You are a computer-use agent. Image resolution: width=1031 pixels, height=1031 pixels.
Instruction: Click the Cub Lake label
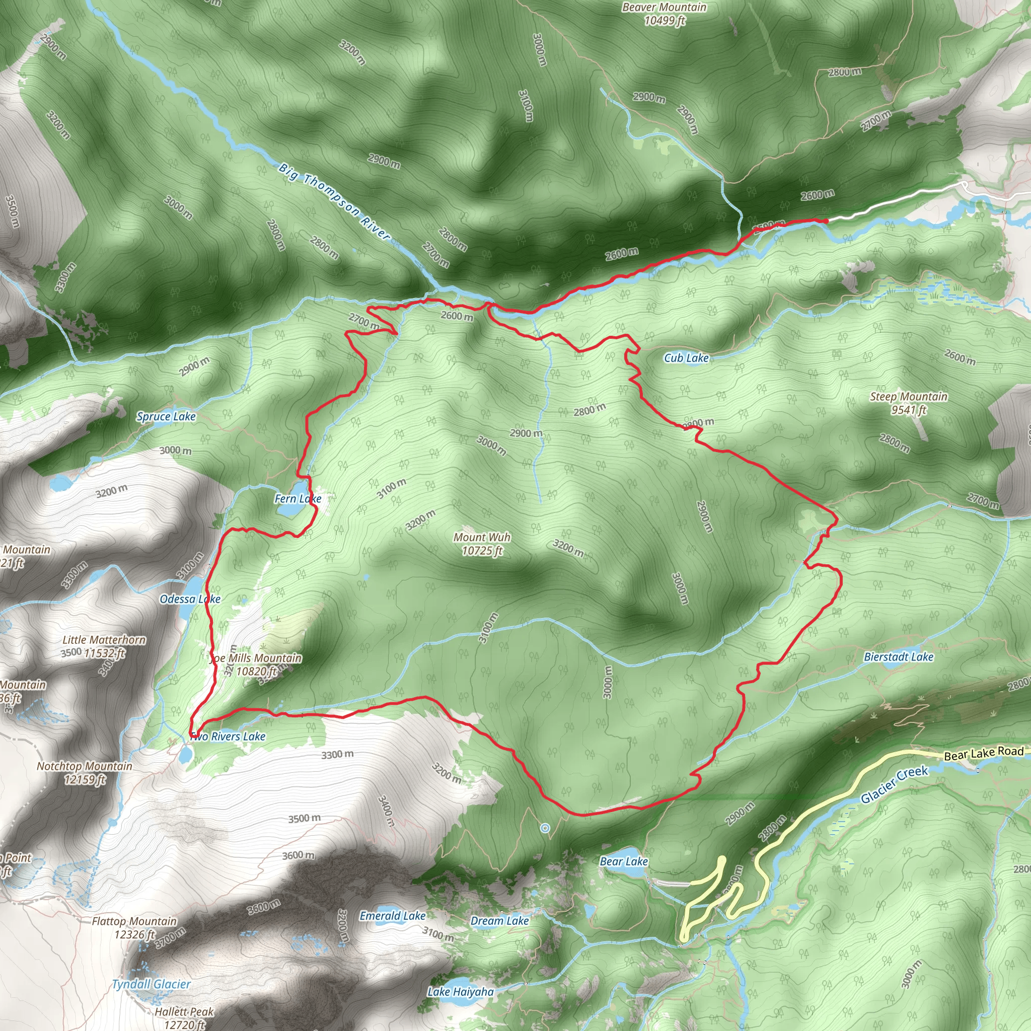(x=686, y=358)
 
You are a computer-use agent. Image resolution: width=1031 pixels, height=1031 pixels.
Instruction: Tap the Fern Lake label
(x=298, y=498)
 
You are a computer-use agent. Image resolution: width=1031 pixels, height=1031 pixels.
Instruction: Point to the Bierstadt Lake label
(x=899, y=657)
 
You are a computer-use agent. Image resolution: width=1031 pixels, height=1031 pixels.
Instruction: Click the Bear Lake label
(x=624, y=861)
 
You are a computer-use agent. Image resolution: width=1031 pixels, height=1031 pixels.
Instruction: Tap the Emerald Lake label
(x=392, y=916)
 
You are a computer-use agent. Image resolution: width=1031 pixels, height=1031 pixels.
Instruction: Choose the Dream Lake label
(x=499, y=921)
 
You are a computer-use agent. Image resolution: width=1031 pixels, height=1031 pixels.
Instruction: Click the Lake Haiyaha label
(x=461, y=992)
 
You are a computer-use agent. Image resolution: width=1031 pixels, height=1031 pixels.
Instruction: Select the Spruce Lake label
(x=166, y=416)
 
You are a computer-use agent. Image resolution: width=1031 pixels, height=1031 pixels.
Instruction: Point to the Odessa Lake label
(x=190, y=599)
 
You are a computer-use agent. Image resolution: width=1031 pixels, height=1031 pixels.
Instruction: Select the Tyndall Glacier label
(x=151, y=984)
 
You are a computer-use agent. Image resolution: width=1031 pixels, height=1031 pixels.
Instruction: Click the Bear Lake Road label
(x=984, y=753)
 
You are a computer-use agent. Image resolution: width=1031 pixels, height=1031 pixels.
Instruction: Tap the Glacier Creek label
(x=895, y=784)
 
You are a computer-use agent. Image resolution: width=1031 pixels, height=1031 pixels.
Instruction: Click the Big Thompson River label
(x=335, y=202)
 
